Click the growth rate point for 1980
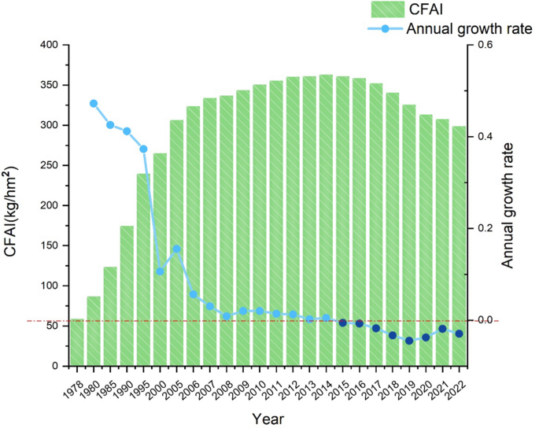point(94,103)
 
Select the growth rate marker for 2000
point(161,271)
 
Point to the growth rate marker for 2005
point(177,249)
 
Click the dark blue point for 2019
point(409,341)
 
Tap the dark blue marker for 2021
point(442,329)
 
